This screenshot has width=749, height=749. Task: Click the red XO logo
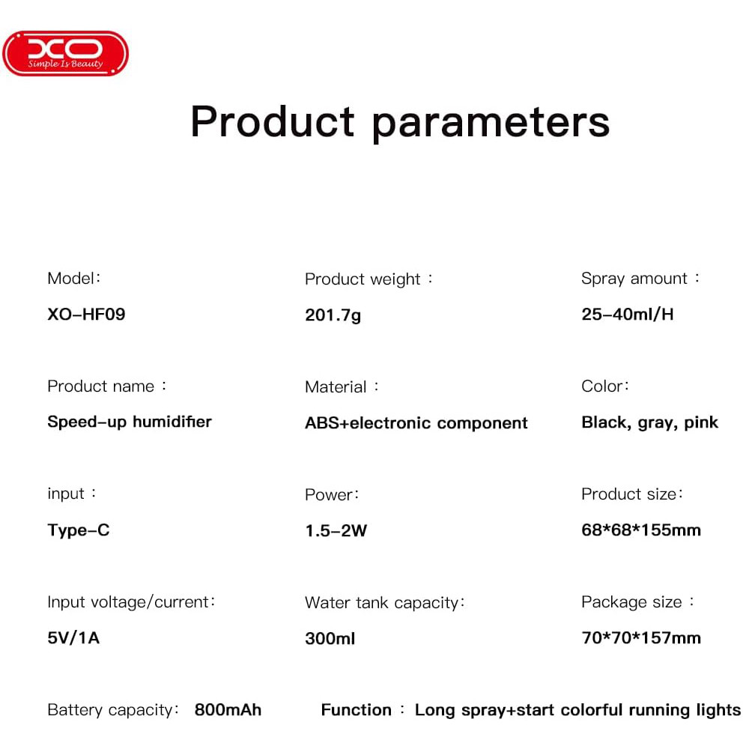tap(65, 53)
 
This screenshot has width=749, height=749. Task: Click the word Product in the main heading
tap(273, 121)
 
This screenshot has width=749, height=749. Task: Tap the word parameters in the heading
tap(491, 125)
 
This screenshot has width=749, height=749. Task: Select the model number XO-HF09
tap(86, 315)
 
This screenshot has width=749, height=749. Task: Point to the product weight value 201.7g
tap(333, 315)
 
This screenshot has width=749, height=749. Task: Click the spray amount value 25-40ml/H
tap(627, 315)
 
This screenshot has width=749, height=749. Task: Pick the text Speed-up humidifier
tap(130, 422)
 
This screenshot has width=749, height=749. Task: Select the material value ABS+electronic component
tap(416, 422)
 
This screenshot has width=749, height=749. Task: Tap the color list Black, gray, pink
tap(649, 422)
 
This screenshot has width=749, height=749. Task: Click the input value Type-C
tap(79, 530)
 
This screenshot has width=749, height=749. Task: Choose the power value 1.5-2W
tap(336, 531)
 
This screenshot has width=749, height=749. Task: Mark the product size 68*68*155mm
tap(641, 530)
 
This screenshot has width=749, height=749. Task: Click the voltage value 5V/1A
tap(73, 637)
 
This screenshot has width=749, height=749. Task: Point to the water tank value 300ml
tap(330, 639)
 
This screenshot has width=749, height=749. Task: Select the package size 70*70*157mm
tap(641, 637)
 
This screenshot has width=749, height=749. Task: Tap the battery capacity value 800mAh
tap(228, 710)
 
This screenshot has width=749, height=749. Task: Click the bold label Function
tap(356, 710)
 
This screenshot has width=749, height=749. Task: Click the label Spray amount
tap(634, 279)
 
